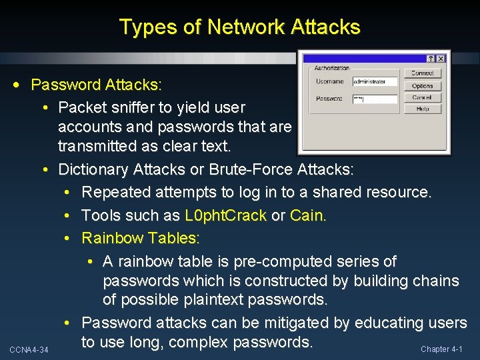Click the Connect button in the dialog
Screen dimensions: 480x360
coord(422,73)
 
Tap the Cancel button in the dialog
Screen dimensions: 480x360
coord(422,97)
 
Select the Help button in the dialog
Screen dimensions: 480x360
coord(422,109)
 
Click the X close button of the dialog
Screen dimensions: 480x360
coord(440,59)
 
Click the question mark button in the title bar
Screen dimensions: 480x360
coord(431,59)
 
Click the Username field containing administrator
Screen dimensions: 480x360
coord(374,81)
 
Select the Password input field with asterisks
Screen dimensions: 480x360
coord(374,99)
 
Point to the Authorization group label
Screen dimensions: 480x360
coord(332,68)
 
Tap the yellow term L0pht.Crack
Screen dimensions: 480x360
coord(225,215)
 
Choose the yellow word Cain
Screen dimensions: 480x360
coord(309,215)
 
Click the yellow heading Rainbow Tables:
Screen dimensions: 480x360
coord(141,238)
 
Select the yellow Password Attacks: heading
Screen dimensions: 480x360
coord(96,85)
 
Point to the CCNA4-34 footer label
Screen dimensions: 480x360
coord(29,349)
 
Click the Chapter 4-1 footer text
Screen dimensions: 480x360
coord(442,349)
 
